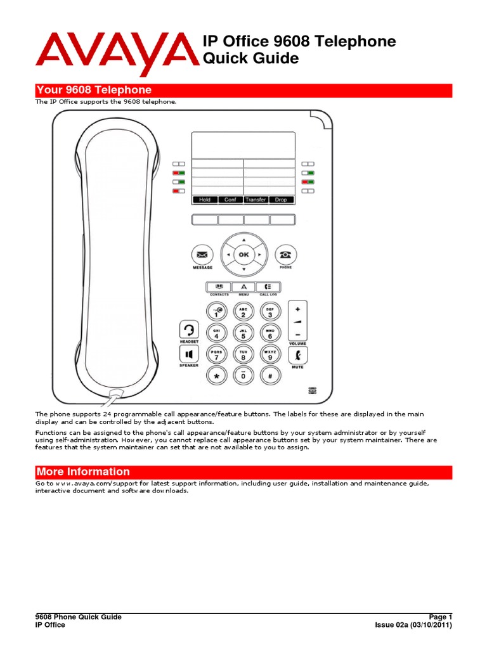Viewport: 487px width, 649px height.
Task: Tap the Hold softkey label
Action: [x=205, y=200]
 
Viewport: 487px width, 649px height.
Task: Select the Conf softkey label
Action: [x=230, y=200]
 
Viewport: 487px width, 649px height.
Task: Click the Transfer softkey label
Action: [x=256, y=200]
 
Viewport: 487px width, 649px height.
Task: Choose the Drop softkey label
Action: [x=281, y=200]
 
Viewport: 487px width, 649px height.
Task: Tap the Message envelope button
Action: [x=202, y=255]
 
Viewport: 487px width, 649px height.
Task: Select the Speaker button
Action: [x=189, y=353]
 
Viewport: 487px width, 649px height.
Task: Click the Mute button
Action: [x=297, y=355]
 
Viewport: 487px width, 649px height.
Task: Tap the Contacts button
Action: [x=218, y=287]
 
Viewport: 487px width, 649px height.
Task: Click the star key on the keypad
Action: [x=217, y=376]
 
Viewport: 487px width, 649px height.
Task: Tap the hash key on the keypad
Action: [x=270, y=376]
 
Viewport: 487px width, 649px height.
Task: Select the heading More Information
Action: [x=83, y=472]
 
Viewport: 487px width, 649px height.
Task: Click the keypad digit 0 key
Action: [x=243, y=376]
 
